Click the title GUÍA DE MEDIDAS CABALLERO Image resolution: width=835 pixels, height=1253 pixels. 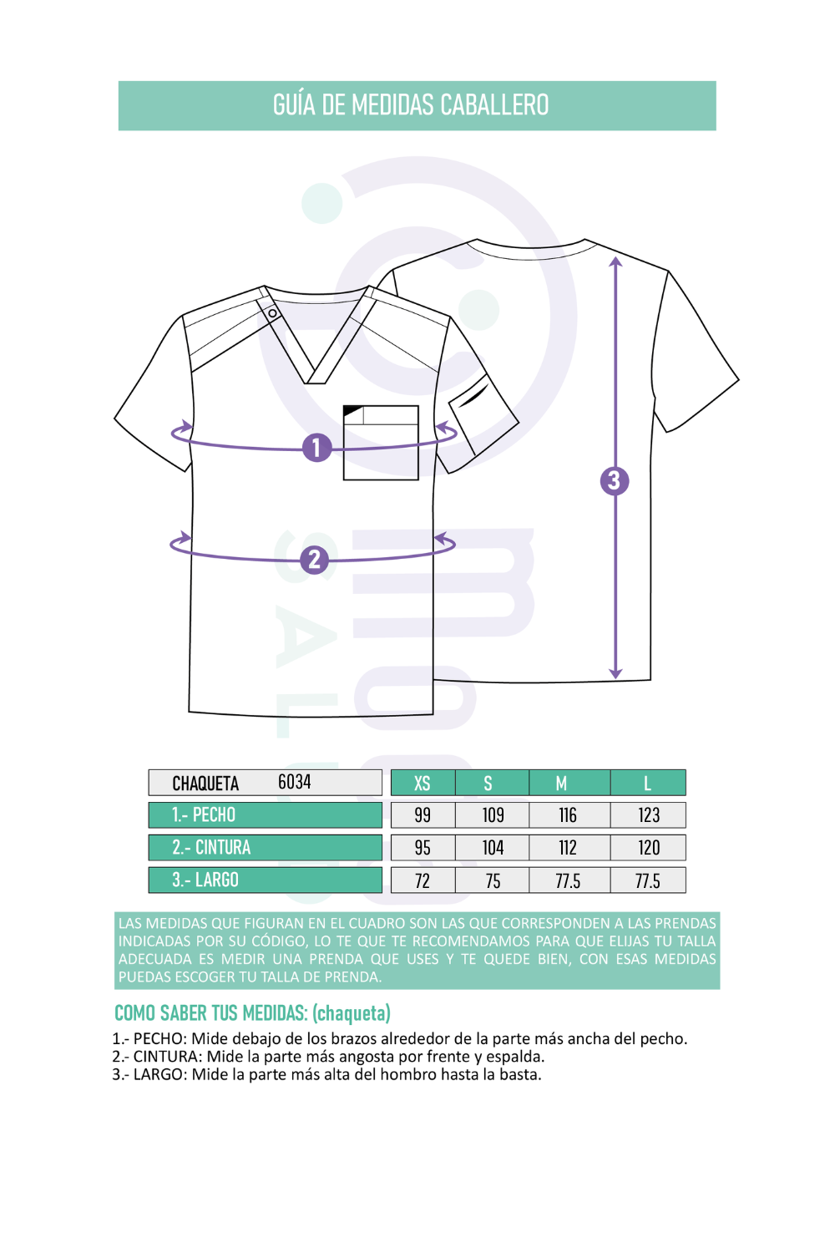point(411,105)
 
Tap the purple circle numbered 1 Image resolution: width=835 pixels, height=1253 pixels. point(316,448)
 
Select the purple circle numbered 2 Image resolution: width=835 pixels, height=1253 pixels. point(314,560)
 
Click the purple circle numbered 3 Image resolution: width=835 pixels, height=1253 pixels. point(614,481)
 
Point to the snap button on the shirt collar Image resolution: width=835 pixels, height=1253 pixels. point(272,313)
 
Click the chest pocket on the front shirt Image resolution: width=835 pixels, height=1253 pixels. point(381,443)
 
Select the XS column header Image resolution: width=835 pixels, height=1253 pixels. point(423,783)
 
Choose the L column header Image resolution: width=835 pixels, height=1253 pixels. point(648,783)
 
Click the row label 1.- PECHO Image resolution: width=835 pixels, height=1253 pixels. point(204,815)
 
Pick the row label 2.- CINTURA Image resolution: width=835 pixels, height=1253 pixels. point(211,848)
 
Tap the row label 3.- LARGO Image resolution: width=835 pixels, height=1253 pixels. point(205,880)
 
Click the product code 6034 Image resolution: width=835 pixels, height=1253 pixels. point(294,781)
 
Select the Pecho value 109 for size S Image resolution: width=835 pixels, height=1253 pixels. point(493,815)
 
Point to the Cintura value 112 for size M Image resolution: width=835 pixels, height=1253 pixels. point(568,848)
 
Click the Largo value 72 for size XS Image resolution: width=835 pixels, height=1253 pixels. point(423,881)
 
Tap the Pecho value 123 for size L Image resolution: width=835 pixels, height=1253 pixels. point(649,815)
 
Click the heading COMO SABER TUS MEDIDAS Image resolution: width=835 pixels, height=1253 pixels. point(211,1013)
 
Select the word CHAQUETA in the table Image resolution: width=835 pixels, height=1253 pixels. point(205,784)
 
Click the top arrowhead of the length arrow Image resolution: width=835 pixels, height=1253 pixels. point(615,261)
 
